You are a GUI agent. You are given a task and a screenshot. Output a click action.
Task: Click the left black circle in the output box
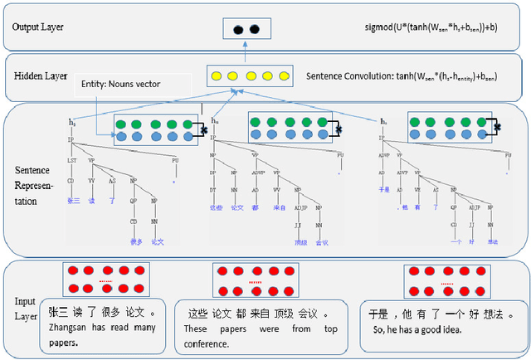coord(240,29)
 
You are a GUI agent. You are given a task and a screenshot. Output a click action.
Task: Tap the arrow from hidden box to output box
coord(246,51)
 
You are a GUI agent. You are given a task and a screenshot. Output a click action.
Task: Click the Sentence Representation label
coord(34,183)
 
